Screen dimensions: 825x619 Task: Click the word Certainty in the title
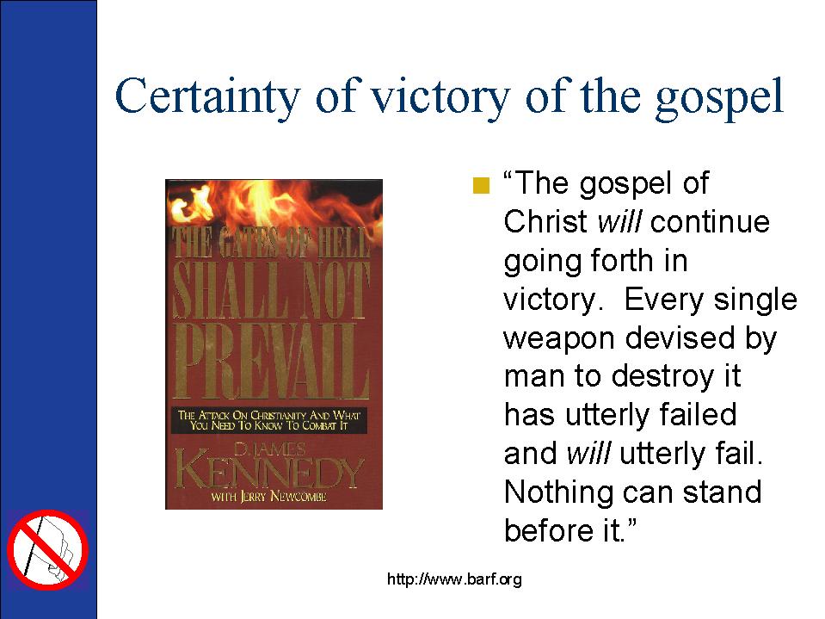coord(207,96)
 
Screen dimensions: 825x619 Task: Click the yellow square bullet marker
coord(481,185)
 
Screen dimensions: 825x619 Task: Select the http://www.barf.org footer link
coord(454,579)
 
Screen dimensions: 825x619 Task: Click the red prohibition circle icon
coord(47,549)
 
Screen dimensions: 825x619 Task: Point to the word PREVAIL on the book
coord(272,362)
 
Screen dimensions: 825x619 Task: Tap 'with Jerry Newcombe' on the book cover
coord(268,497)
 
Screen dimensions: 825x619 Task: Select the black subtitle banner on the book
coord(269,420)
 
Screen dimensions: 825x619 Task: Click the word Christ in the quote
coord(545,221)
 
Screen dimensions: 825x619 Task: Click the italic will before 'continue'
coord(619,221)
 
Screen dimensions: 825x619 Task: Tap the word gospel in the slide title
coord(719,99)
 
